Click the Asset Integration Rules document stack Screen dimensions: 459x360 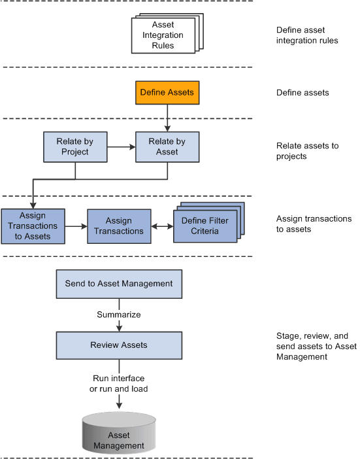[x=163, y=35]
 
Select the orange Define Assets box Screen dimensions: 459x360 [x=167, y=92]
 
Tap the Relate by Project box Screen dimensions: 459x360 [x=74, y=146]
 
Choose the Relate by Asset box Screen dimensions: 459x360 [x=167, y=146]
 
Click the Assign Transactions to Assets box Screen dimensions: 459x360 [x=33, y=226]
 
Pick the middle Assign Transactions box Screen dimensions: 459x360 [x=119, y=226]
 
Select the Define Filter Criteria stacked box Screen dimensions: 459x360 [x=205, y=225]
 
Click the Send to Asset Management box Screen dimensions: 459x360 [x=119, y=283]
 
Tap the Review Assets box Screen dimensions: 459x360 [x=119, y=345]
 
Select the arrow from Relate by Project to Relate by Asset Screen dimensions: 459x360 [x=121, y=146]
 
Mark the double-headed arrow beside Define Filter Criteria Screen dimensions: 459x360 [x=162, y=226]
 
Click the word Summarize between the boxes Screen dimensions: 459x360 [x=119, y=314]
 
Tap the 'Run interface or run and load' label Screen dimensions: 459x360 [x=119, y=383]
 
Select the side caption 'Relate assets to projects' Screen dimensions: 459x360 [x=307, y=150]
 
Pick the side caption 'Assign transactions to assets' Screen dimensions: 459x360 [x=314, y=224]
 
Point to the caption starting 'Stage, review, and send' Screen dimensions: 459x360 [x=316, y=347]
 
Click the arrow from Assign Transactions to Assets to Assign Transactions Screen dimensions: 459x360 [x=76, y=226]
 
